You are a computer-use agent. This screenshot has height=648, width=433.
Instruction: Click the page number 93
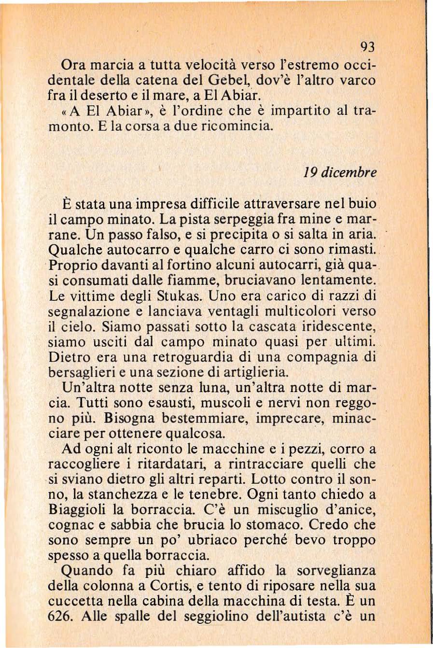pyautogui.click(x=367, y=47)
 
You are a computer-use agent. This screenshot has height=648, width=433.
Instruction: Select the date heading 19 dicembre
pyautogui.click(x=340, y=172)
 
